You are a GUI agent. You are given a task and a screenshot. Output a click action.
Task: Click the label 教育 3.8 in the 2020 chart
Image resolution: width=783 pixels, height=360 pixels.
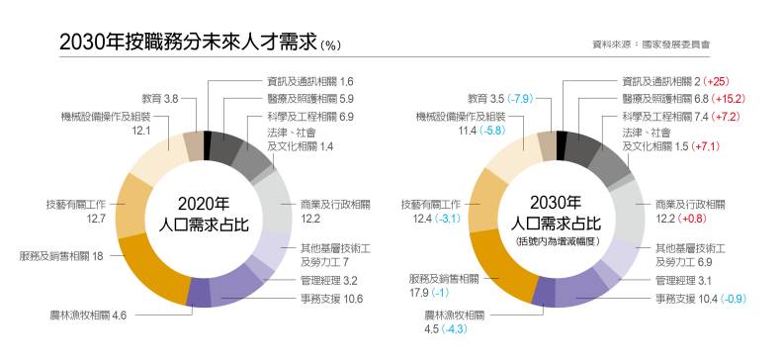(x=159, y=99)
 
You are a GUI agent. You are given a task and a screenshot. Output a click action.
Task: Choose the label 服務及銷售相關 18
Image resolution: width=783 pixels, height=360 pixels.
(x=61, y=255)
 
